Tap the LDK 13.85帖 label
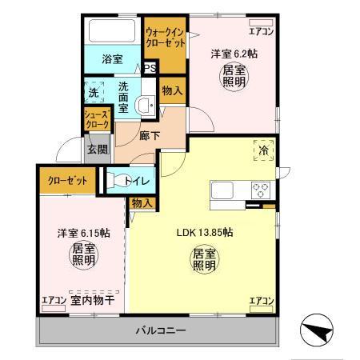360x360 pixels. point(205,233)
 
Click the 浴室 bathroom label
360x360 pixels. point(112,58)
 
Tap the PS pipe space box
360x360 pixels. point(149,69)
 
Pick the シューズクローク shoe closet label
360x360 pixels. point(97,120)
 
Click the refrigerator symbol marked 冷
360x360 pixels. point(264,150)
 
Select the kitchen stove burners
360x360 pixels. point(261,191)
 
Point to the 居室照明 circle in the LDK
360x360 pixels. point(203,260)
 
